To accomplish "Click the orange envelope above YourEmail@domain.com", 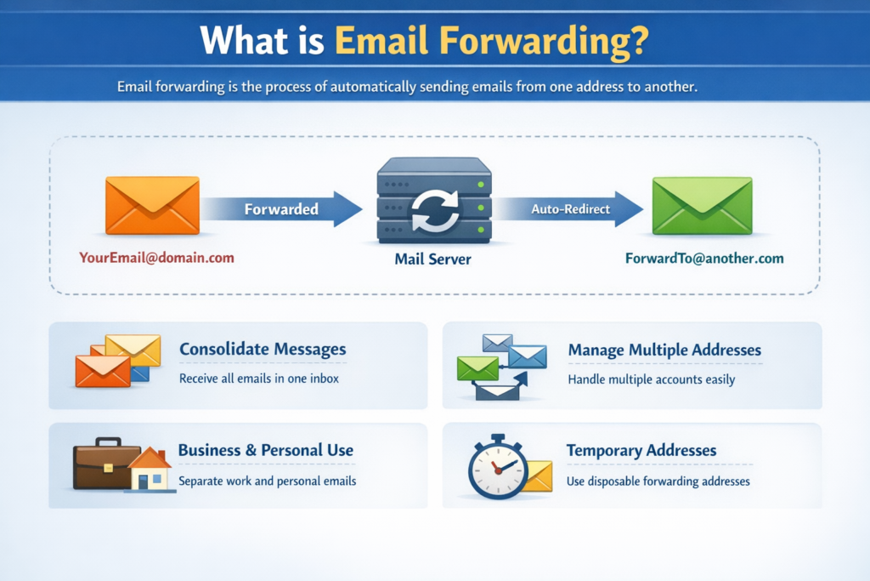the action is [153, 205].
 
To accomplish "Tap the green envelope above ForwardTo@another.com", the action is [703, 206].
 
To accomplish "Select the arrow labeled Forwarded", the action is [282, 209].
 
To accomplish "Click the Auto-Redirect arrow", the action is [568, 209].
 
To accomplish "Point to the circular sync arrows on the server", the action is [435, 210].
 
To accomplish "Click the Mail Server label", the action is [432, 259].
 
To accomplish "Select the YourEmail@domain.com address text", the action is [156, 258].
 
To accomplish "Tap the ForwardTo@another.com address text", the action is [704, 259].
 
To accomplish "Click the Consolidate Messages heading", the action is [263, 349].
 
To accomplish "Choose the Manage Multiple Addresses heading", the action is [664, 350].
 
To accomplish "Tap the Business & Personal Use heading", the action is [266, 450].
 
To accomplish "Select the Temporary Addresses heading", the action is [641, 450].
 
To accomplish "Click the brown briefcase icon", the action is [106, 464].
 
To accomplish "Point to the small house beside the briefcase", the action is [150, 470].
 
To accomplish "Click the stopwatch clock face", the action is [498, 470].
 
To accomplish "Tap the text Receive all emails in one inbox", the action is [258, 379].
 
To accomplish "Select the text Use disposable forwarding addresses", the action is [658, 481].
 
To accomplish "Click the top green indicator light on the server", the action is [481, 185].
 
